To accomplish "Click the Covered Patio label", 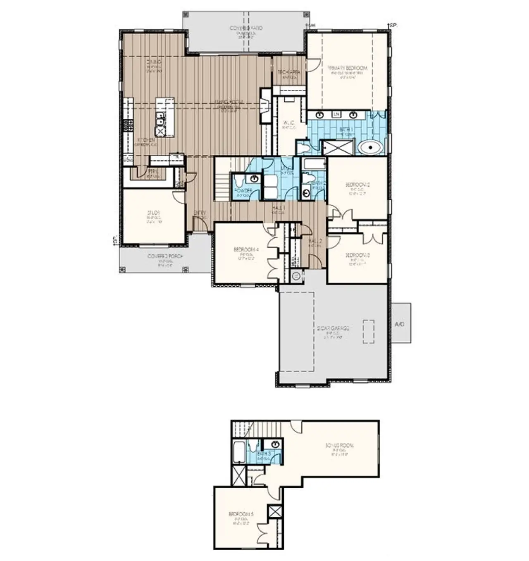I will point(246,28).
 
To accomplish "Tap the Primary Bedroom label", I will point(348,68).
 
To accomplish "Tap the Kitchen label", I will point(146,140).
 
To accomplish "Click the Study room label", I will point(153,213).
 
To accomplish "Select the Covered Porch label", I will point(165,257).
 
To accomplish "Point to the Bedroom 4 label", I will point(246,249).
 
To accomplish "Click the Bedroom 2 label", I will point(357,185).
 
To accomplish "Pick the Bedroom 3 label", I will point(357,255).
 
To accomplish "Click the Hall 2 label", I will point(315,240).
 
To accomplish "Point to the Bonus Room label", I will point(339,446).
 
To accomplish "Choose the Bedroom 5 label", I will point(241,514).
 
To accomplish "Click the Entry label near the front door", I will point(200,213).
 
